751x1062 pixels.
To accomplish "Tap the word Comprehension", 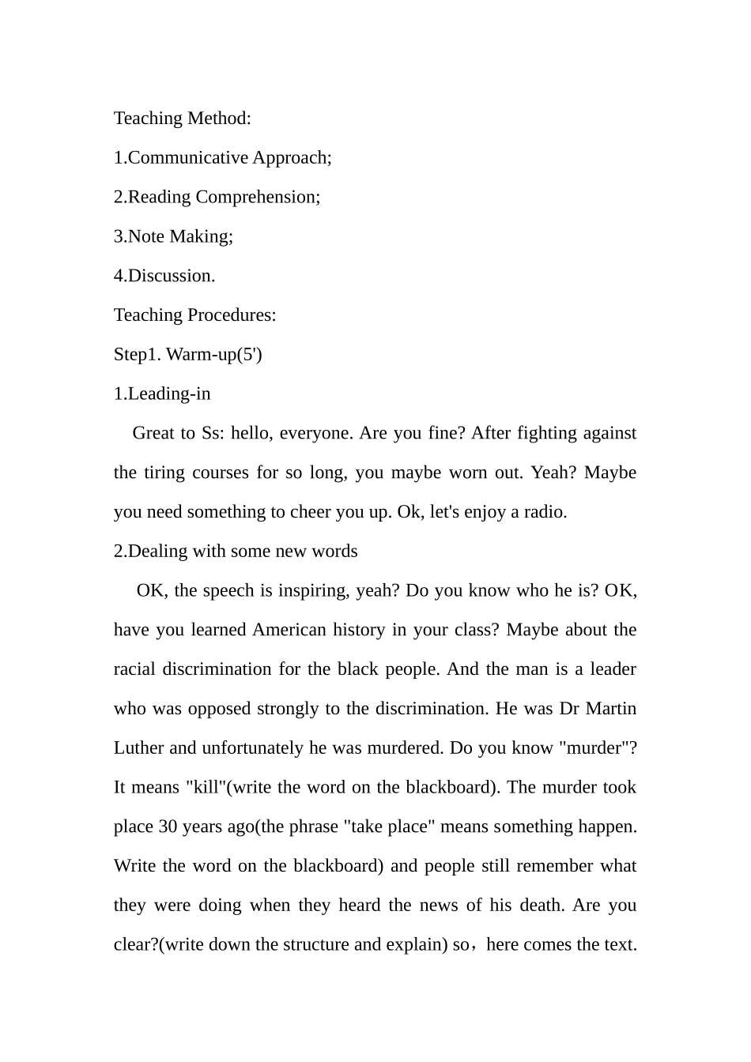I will [x=258, y=197].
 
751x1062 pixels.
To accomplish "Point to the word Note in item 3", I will [x=145, y=236].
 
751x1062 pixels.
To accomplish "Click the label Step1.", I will [x=137, y=354].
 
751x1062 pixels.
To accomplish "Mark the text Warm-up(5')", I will [x=214, y=354].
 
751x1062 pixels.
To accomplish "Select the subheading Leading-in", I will [x=169, y=394].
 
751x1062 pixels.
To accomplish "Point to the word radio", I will [x=544, y=512].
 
